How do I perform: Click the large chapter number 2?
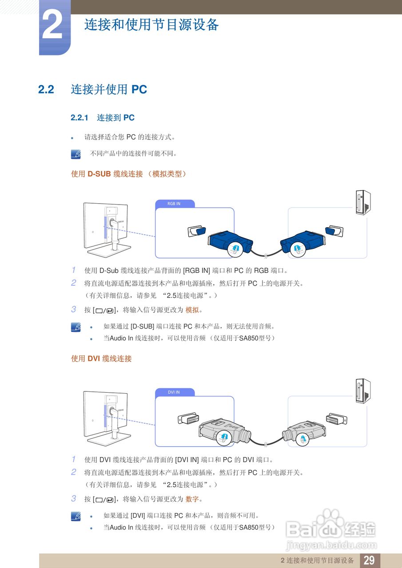tap(52, 27)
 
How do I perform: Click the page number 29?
tap(369, 560)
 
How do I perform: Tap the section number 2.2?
tap(46, 90)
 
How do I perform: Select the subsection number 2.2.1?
tap(80, 118)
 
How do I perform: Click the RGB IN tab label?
tap(174, 204)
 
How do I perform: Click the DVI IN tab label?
tap(174, 392)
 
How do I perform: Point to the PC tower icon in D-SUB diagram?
tap(363, 203)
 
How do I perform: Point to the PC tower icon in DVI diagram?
tap(363, 391)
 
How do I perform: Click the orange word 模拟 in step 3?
tap(192, 310)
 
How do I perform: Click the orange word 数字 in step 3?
tap(192, 499)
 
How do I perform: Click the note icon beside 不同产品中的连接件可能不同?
tap(76, 154)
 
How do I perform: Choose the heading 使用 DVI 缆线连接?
tap(101, 359)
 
